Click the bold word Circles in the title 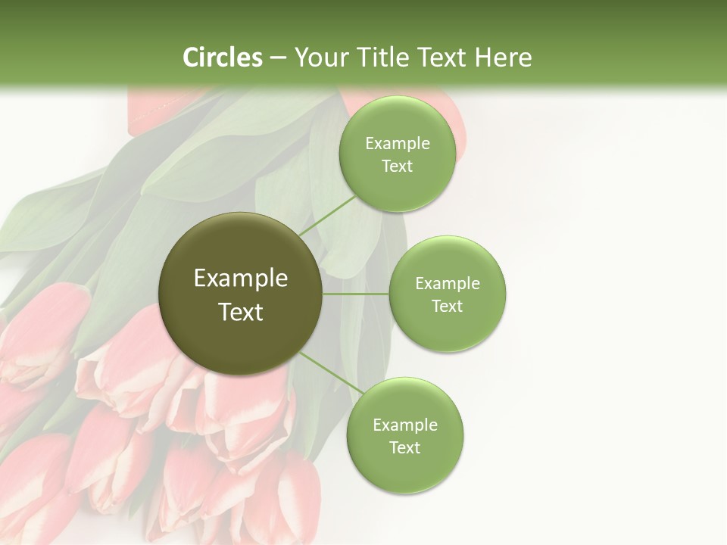223,58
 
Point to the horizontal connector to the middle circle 356,294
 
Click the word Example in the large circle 240,279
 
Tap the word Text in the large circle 240,312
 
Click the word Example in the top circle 397,144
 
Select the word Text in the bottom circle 404,448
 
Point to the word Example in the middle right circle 447,284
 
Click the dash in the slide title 278,58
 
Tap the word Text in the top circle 397,167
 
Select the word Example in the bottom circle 404,425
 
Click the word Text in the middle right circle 447,307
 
